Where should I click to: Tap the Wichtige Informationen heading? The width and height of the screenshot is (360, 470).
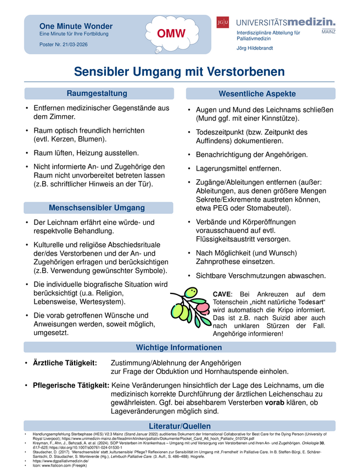[179, 347]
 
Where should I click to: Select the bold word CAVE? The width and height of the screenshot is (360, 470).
[222, 295]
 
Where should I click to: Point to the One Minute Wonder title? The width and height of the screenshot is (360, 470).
[76, 26]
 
